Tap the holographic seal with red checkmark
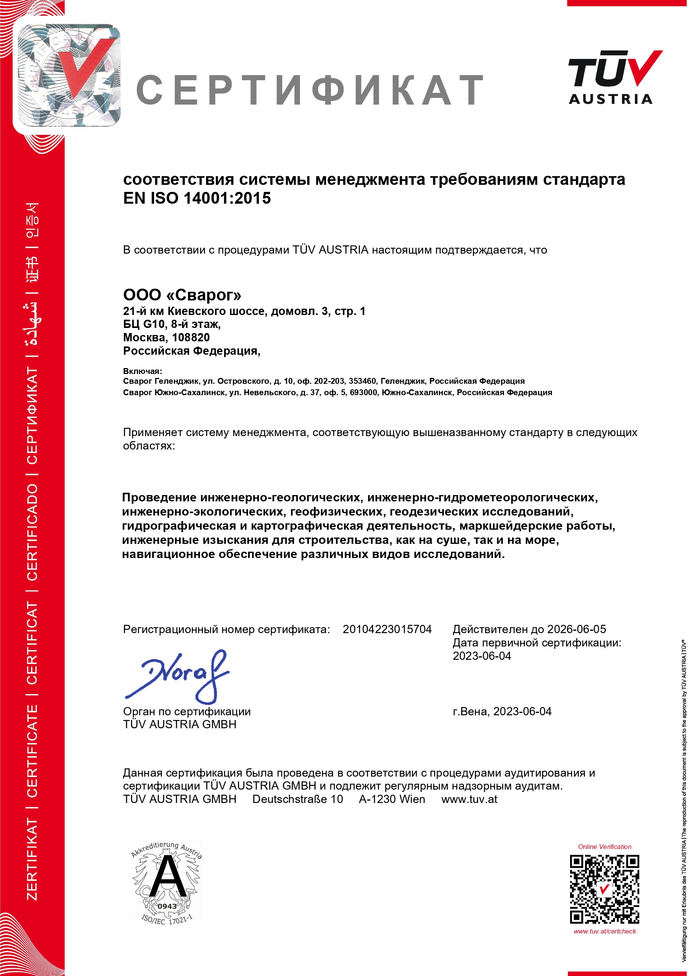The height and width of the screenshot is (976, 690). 68,75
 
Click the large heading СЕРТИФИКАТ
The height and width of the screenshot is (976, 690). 310,90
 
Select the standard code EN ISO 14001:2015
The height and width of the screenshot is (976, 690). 197,198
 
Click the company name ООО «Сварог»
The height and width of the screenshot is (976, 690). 182,295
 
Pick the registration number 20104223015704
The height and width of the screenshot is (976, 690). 387,629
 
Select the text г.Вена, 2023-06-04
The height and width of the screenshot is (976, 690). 502,712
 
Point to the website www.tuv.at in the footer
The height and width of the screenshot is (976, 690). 469,799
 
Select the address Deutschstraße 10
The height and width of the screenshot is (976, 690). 297,799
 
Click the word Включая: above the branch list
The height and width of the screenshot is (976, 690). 142,371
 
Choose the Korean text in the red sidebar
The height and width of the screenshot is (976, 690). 32,220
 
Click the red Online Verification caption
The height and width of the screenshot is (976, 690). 605,847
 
